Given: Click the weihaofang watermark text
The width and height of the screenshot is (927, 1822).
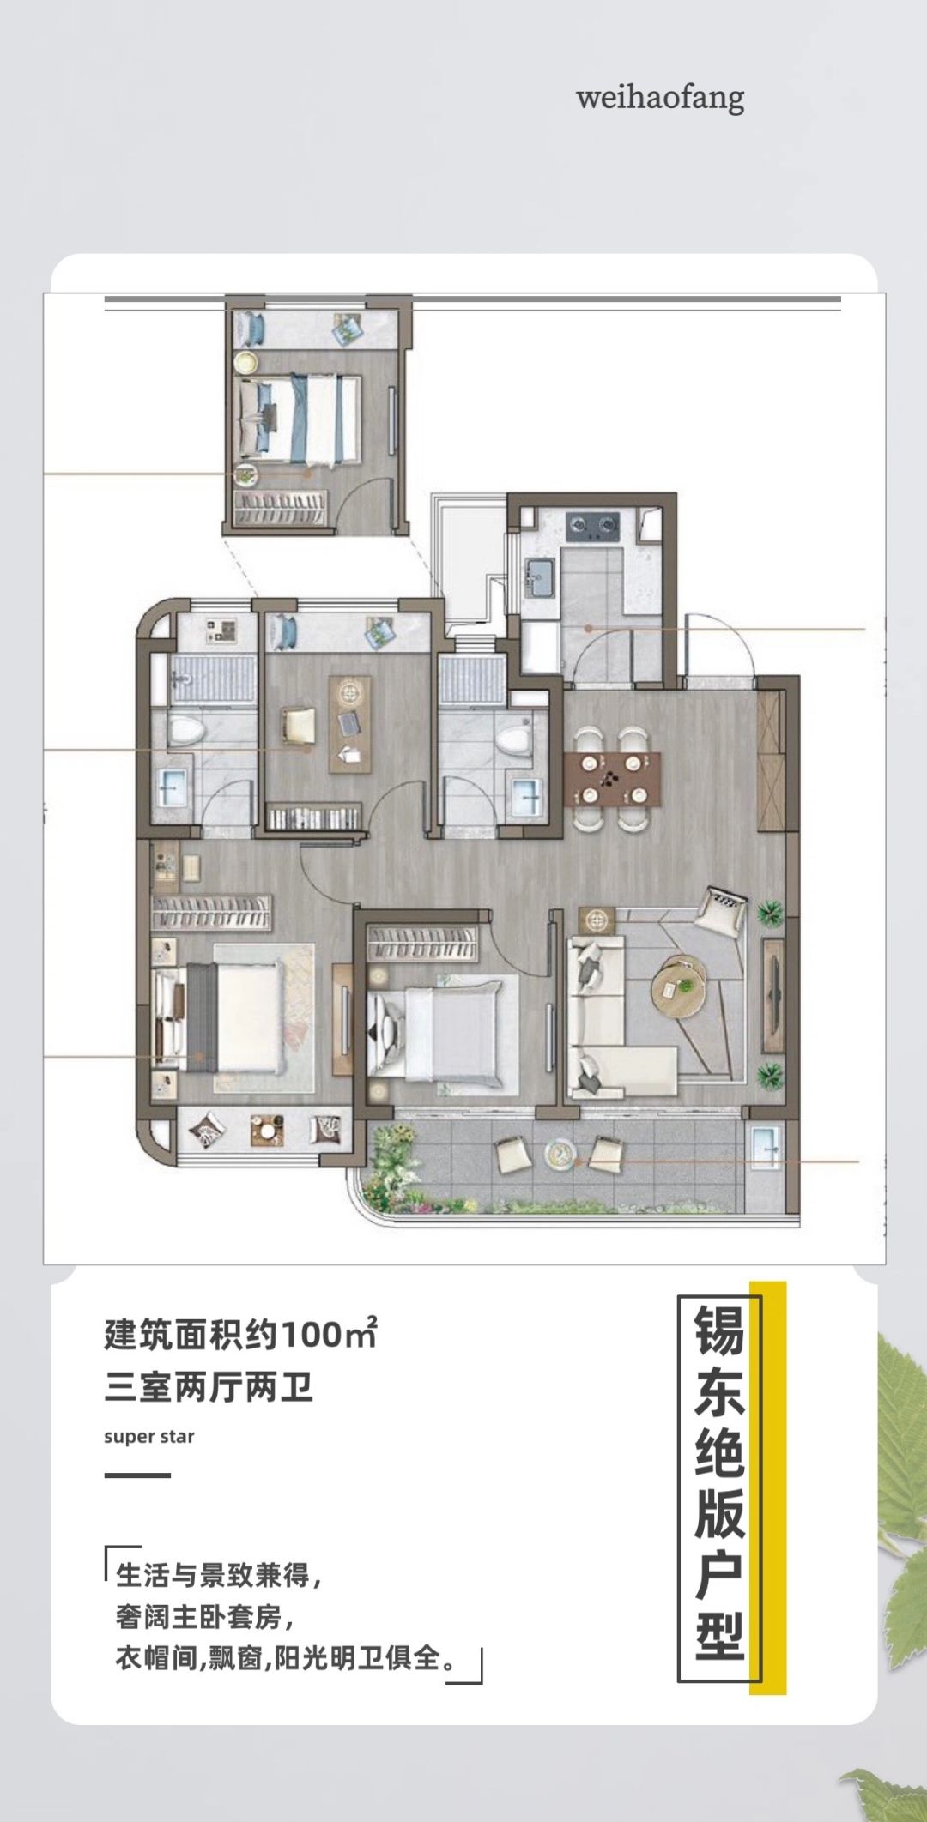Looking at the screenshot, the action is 660,97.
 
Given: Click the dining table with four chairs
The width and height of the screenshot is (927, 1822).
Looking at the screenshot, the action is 612,779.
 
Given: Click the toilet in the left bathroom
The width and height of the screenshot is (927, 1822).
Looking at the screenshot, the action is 185,730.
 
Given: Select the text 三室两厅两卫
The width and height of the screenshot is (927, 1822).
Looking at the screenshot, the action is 209,1387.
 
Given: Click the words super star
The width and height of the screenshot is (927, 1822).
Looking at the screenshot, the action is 149,1436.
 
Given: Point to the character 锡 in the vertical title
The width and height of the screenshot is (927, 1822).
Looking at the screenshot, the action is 719,1331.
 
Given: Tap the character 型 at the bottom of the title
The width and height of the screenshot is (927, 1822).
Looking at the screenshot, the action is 719,1636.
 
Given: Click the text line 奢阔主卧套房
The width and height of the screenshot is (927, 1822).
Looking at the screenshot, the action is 204,1618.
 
